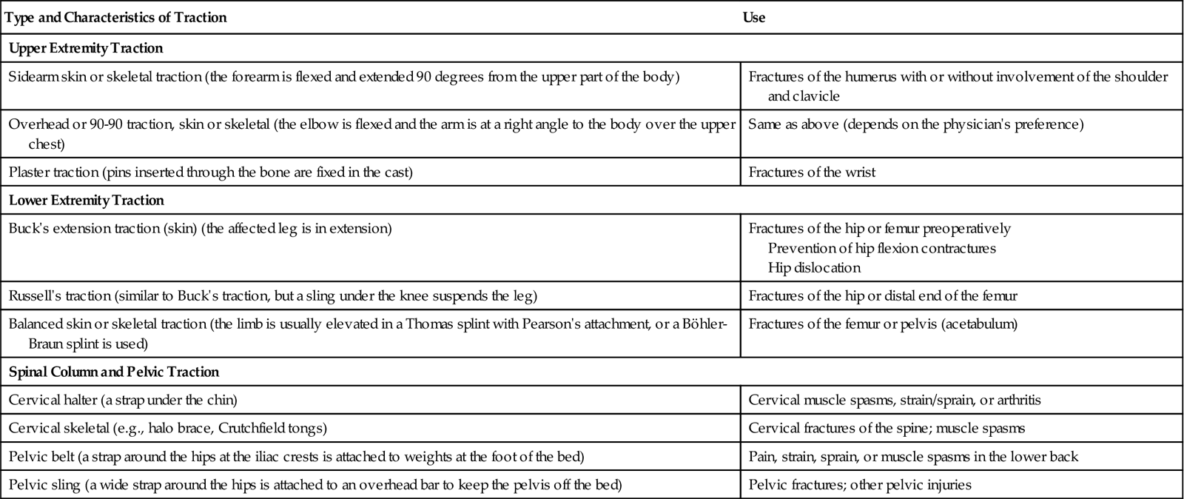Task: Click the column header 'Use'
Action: tap(753, 17)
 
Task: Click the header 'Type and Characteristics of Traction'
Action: tap(115, 17)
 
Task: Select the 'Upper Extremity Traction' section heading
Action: tap(86, 48)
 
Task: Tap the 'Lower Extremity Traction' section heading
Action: tap(87, 200)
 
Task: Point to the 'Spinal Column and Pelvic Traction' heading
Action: tap(114, 371)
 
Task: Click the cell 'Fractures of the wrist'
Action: tap(812, 172)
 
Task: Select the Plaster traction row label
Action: tap(210, 172)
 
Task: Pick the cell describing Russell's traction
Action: tap(272, 295)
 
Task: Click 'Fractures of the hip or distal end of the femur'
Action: tap(883, 295)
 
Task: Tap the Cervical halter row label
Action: tap(123, 400)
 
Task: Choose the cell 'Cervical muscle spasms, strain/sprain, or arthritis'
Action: tap(895, 400)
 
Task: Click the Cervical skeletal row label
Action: tap(168, 428)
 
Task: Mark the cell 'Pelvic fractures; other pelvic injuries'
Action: tap(860, 485)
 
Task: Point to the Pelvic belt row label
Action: tap(296, 457)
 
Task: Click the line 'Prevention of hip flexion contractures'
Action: tap(881, 248)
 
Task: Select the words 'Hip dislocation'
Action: tap(814, 267)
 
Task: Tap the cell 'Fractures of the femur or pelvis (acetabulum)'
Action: tap(883, 324)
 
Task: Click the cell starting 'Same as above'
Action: tap(915, 124)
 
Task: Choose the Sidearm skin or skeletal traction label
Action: tap(343, 76)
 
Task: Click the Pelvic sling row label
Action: tap(315, 485)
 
